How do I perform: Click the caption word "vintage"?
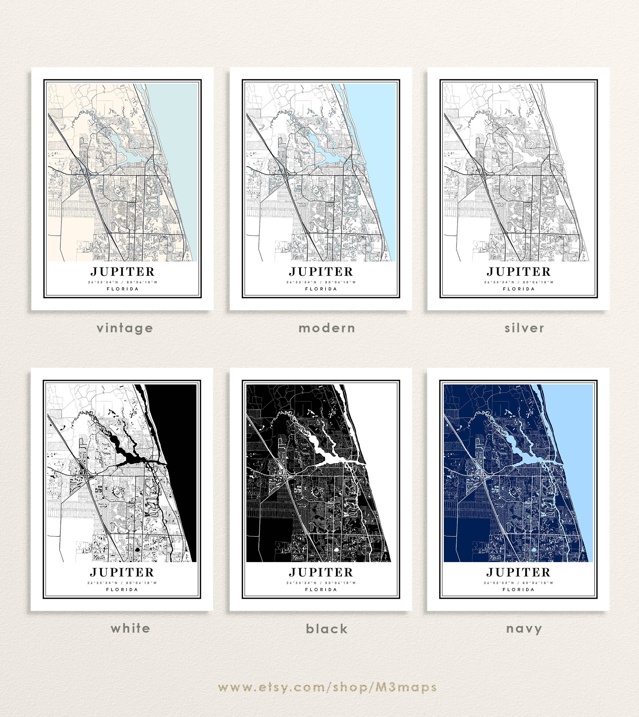coord(125,328)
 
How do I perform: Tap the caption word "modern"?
coord(327,328)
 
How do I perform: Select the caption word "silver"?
coord(524,328)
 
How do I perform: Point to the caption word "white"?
coord(130,628)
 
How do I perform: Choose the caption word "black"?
coord(327,629)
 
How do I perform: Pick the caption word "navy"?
coord(524,628)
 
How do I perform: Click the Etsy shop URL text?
coord(327,687)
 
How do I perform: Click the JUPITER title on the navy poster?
coord(518,572)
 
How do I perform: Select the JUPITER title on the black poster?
coord(321,572)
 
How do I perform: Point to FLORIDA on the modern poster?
coord(321,289)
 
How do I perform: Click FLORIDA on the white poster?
coord(122,590)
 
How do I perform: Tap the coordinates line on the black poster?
coord(321,583)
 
